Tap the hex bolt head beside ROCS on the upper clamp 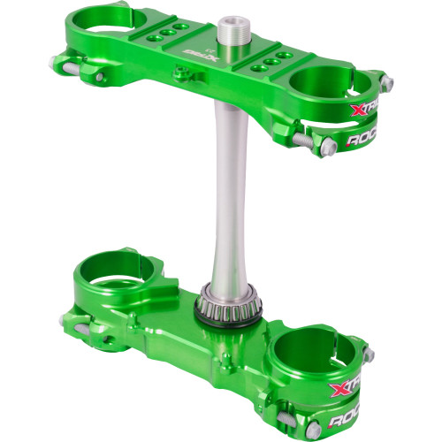coord(301,139)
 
